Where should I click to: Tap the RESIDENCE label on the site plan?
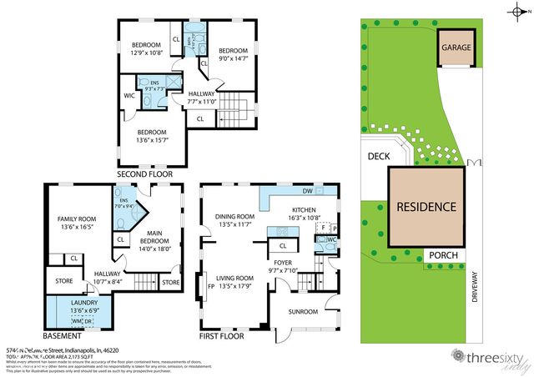426,206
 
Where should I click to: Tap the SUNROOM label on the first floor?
304,312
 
